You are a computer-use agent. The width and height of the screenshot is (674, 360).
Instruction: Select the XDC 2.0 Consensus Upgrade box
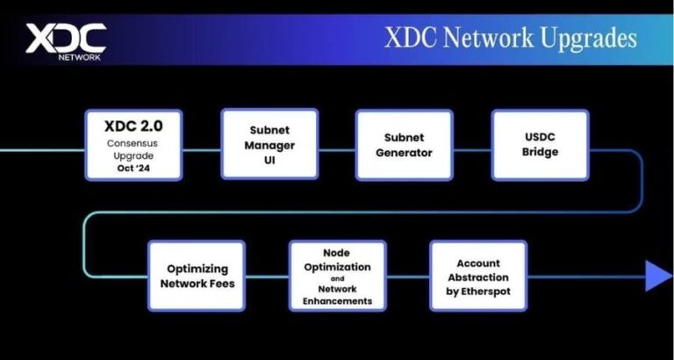pos(133,145)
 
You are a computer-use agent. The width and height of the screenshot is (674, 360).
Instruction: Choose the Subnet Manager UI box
pos(269,145)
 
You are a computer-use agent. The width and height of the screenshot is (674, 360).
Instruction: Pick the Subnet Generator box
pos(404,145)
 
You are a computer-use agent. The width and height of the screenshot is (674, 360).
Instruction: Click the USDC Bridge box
pos(539,145)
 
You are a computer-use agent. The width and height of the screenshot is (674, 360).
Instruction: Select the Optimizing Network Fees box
pos(196,276)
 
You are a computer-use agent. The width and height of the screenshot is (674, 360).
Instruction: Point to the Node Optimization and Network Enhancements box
pos(337,276)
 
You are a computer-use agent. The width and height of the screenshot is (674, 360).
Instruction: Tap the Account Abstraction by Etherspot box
pos(478,276)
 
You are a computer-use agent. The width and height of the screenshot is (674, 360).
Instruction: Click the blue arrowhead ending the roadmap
pos(658,276)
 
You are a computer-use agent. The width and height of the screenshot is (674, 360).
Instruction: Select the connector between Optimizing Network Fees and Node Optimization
pos(266,276)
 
